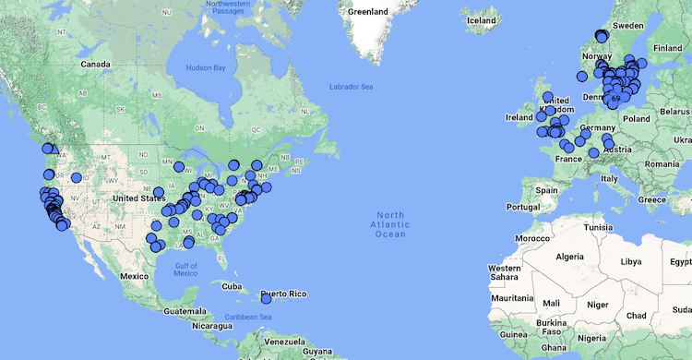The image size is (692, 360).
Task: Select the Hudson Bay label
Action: coord(207,68)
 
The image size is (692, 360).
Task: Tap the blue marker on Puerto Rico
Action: coord(266,298)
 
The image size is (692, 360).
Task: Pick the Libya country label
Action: coord(630,261)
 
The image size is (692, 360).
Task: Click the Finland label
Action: coord(667,48)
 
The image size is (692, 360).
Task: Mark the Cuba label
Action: coord(233,285)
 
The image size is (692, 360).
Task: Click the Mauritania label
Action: coord(514,298)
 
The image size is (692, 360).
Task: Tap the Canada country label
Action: coord(96,65)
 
